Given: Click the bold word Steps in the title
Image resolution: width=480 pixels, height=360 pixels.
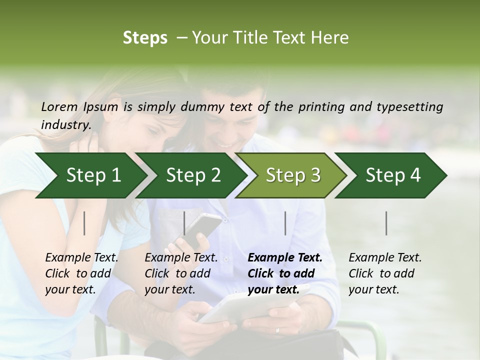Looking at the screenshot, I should point(145,38).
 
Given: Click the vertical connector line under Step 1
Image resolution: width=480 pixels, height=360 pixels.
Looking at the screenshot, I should point(84,223).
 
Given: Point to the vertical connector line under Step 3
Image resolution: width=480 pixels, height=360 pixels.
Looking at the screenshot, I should point(285,223).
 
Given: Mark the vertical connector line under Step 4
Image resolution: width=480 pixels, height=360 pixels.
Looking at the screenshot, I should point(386,223).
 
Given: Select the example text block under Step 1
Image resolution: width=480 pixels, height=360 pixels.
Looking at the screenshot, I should point(81,273).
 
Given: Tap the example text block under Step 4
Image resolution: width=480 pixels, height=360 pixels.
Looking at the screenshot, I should point(385,273).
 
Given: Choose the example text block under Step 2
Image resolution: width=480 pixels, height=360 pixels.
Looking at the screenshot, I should point(181,273).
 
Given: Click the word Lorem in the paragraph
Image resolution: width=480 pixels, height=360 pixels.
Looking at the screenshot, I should point(59,106).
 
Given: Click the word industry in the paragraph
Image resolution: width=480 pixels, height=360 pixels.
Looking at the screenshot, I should point(65,124).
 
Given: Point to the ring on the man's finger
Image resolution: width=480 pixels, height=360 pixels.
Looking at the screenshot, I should point(277,330).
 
